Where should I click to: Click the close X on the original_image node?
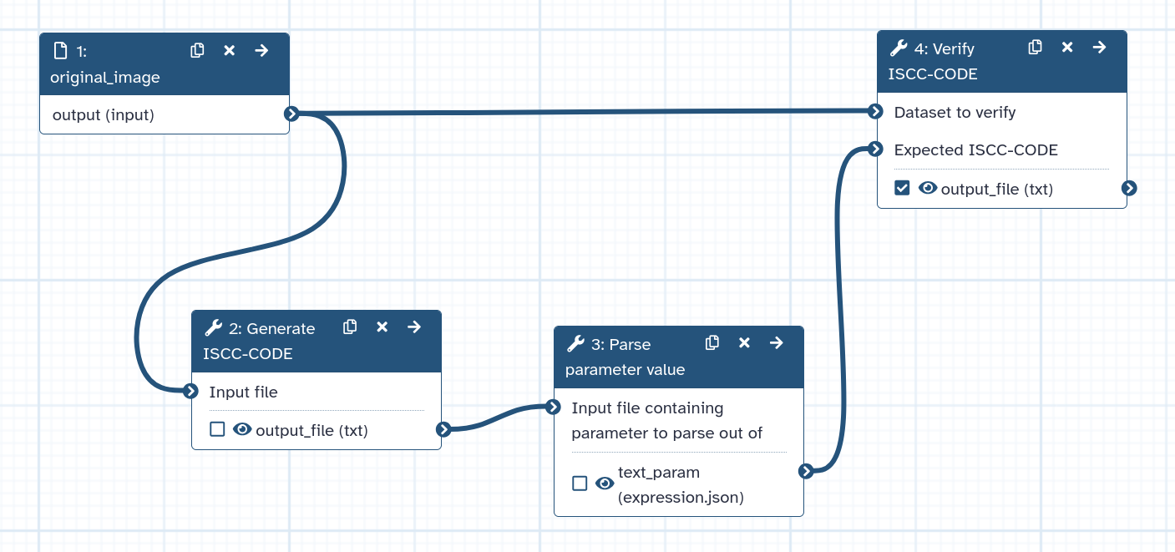(x=230, y=51)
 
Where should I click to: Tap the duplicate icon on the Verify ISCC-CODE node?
(x=1035, y=48)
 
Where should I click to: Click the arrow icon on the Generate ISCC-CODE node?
(x=414, y=327)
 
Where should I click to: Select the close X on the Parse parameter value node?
(x=744, y=343)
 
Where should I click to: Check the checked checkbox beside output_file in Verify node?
(x=902, y=188)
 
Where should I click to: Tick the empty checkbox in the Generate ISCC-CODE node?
(x=217, y=429)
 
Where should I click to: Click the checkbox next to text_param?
(x=580, y=484)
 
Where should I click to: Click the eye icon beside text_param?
(x=605, y=484)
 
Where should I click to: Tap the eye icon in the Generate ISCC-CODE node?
(x=242, y=429)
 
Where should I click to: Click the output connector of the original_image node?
(x=291, y=114)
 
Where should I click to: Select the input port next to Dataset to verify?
(x=875, y=111)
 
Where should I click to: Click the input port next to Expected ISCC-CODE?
(x=875, y=149)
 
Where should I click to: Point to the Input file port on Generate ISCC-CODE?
(x=190, y=391)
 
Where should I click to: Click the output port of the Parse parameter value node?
(x=806, y=471)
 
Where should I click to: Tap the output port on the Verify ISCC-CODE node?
(x=1129, y=188)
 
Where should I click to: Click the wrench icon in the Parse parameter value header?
(x=575, y=344)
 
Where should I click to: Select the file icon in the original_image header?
(x=60, y=51)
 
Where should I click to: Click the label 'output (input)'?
(x=104, y=115)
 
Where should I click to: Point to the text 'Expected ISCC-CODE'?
(x=975, y=150)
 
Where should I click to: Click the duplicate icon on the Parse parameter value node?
(x=712, y=343)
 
